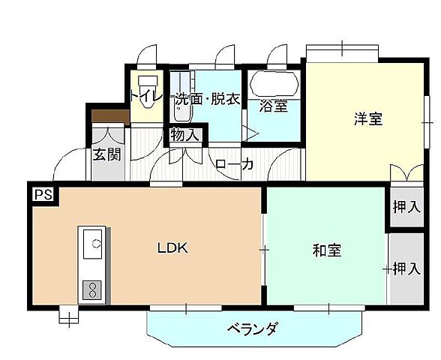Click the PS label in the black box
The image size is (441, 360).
tap(42, 194)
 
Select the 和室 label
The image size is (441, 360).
tap(327, 250)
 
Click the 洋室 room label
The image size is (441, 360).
tap(368, 118)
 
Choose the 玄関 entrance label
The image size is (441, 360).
tap(107, 155)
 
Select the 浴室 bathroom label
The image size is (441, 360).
tap(274, 106)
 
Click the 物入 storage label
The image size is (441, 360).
tap(184, 136)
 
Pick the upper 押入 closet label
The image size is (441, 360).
tap(406, 206)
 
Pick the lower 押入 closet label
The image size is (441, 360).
tap(406, 268)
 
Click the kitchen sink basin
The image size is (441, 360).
tap(94, 244)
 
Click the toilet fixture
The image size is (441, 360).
tap(147, 84)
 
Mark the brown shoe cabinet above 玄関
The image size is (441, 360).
tap(109, 117)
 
